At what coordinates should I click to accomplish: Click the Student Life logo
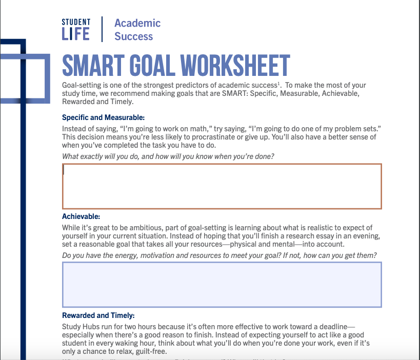(75, 29)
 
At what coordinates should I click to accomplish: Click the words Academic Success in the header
(137, 30)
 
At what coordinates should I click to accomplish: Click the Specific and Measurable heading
(103, 117)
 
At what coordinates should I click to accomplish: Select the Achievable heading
(81, 216)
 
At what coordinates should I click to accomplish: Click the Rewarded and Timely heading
(98, 315)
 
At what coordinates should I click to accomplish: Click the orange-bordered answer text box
(222, 187)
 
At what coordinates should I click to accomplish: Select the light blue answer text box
(222, 285)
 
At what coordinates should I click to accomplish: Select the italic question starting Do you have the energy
(219, 255)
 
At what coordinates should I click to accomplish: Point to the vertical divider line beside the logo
(102, 29)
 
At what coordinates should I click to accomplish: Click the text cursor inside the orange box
(64, 170)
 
